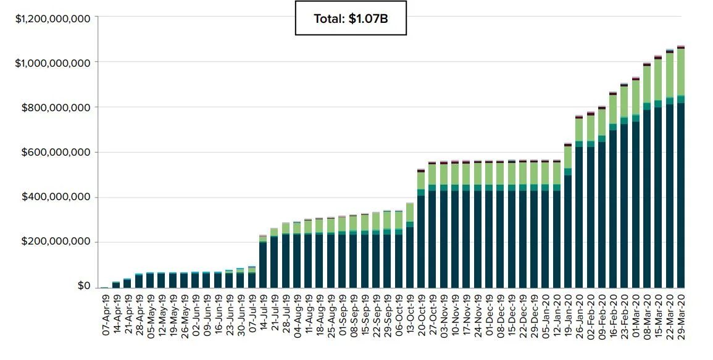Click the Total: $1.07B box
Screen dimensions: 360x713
point(351,19)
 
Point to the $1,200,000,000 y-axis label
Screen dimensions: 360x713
point(54,19)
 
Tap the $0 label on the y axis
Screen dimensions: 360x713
point(84,287)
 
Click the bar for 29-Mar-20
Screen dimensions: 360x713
point(681,185)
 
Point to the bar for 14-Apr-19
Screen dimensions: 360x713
point(116,285)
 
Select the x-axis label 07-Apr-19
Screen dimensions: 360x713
point(105,316)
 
